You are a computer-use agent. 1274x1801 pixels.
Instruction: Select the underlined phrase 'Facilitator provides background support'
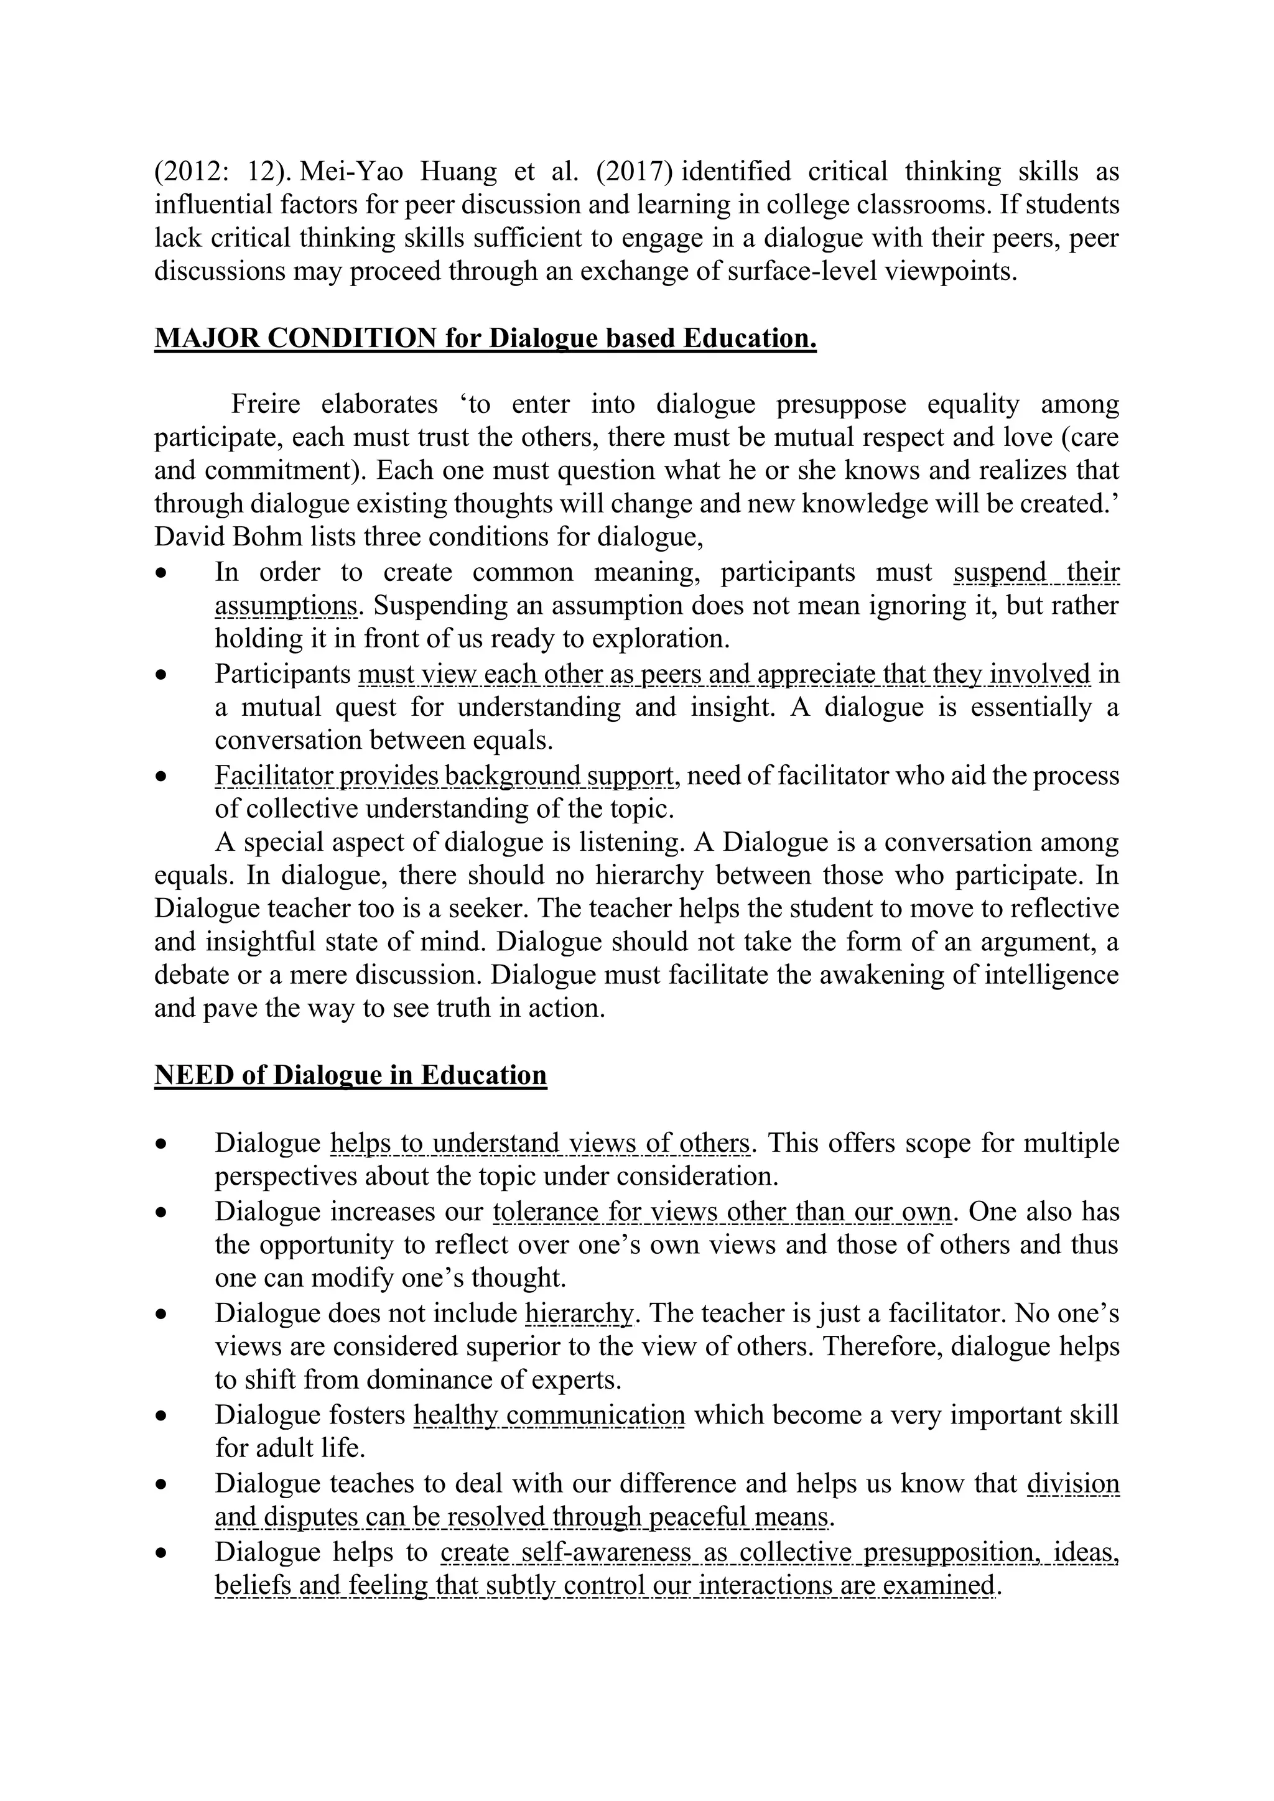[444, 775]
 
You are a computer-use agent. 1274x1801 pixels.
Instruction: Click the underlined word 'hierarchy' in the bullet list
[578, 1313]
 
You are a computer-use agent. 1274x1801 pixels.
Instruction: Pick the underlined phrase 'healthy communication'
[549, 1415]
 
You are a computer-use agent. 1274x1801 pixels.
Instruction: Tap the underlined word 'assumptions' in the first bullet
[286, 606]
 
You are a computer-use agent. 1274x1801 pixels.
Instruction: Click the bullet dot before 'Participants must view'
[162, 675]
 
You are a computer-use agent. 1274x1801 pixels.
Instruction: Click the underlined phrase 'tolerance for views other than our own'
[722, 1212]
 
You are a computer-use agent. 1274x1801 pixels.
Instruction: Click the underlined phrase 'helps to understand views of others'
[540, 1143]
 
